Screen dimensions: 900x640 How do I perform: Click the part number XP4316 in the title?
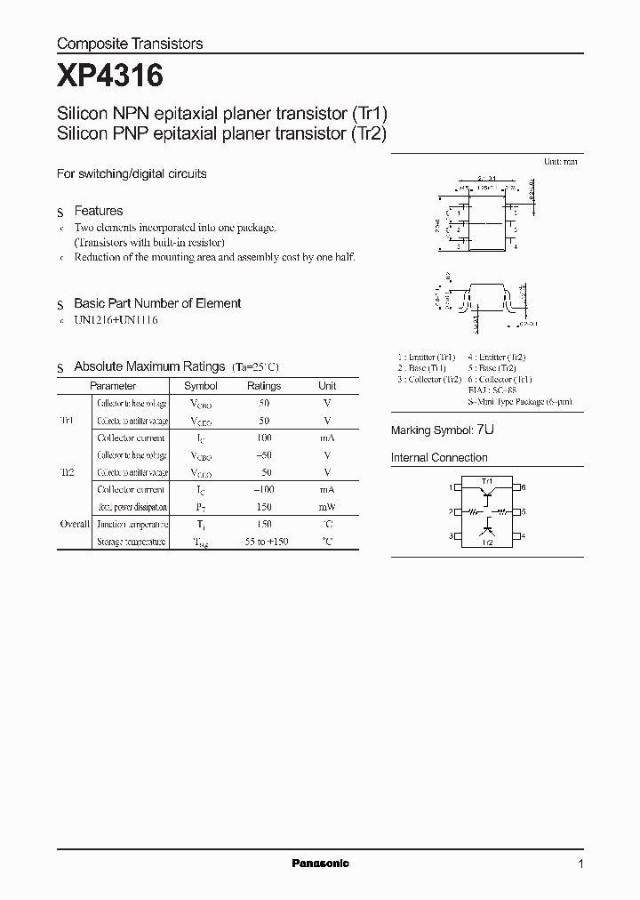click(109, 76)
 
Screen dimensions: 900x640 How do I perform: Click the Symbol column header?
click(200, 386)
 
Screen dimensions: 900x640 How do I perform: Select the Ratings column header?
click(264, 386)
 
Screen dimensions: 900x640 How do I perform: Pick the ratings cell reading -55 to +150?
click(264, 542)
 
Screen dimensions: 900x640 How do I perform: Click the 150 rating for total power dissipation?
click(264, 507)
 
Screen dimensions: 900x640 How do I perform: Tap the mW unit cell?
click(327, 507)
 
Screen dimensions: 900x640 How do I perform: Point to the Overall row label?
click(75, 525)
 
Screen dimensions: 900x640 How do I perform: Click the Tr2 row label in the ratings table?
click(67, 472)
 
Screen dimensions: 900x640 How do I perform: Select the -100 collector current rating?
click(264, 490)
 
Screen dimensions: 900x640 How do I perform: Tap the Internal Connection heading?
click(439, 458)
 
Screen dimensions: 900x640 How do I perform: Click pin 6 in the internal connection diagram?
click(524, 487)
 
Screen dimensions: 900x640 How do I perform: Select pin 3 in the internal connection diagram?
click(452, 536)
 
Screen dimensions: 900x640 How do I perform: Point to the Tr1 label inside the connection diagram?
click(487, 481)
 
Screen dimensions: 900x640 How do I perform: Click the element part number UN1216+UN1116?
click(116, 319)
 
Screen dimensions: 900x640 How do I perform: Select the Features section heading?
click(98, 212)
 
